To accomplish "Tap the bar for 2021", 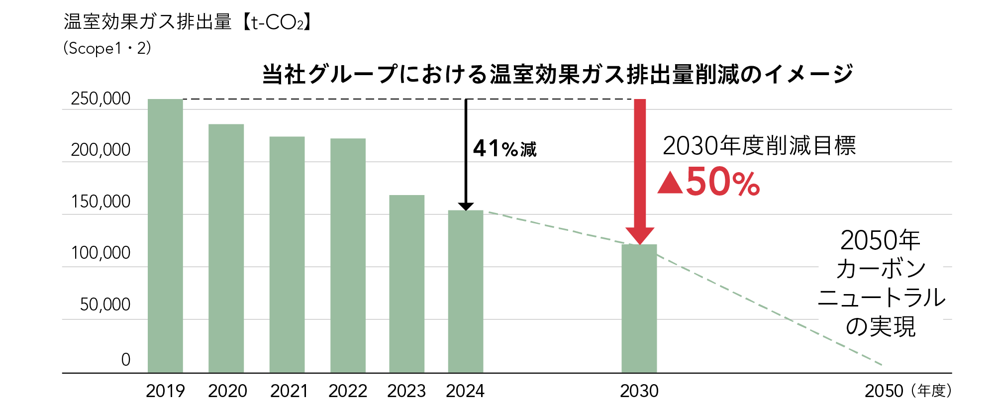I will (x=287, y=254).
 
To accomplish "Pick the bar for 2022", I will (x=348, y=255).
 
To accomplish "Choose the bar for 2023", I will (x=406, y=284).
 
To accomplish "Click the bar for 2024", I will (x=466, y=291).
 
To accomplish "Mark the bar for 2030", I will (x=639, y=308).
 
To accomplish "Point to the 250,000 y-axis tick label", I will (x=100, y=99).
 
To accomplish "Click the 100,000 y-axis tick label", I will (x=100, y=253).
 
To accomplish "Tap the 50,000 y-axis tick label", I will (x=105, y=305).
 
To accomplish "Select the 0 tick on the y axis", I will (x=125, y=359).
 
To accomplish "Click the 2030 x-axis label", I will (x=639, y=391).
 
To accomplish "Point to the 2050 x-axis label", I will (x=884, y=391).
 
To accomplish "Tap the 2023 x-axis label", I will (x=406, y=391).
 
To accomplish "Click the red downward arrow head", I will (x=640, y=236).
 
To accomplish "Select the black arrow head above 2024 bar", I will (x=466, y=206).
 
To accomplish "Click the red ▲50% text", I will (x=709, y=182).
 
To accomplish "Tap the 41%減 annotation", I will (x=504, y=149).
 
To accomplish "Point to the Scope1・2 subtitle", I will (x=107, y=48).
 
